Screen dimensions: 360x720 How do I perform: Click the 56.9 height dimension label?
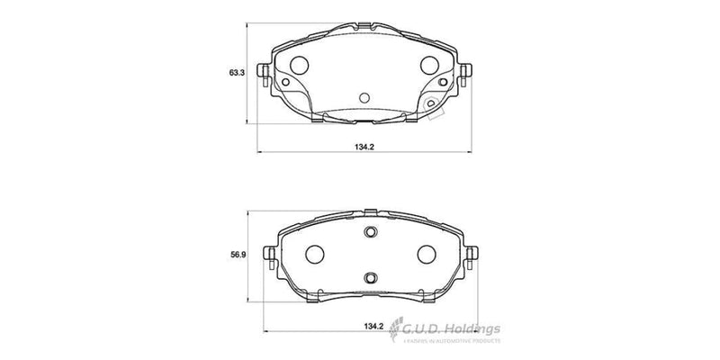pos(236,255)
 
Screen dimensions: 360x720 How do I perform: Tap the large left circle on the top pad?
pos(298,65)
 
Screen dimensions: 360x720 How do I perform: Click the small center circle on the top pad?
pos(364,99)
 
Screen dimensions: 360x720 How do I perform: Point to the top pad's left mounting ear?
pos(264,76)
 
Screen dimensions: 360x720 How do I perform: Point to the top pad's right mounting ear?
pos(464,76)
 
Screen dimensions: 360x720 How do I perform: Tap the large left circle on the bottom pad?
pos(315,255)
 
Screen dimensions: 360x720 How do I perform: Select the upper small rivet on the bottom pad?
pos(369,233)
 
